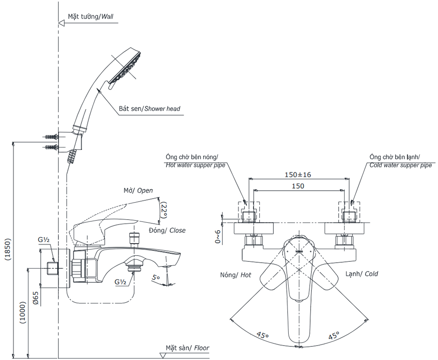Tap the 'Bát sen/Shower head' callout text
pos(149,109)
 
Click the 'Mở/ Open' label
pos(138,191)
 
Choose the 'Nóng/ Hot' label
pos(236,275)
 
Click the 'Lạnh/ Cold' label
pos(361,274)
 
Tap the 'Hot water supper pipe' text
pos(195,165)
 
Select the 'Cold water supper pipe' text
pos(400,165)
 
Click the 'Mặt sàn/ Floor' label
pos(187,348)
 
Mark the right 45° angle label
pos(334,335)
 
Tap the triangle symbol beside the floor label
pos(163,355)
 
